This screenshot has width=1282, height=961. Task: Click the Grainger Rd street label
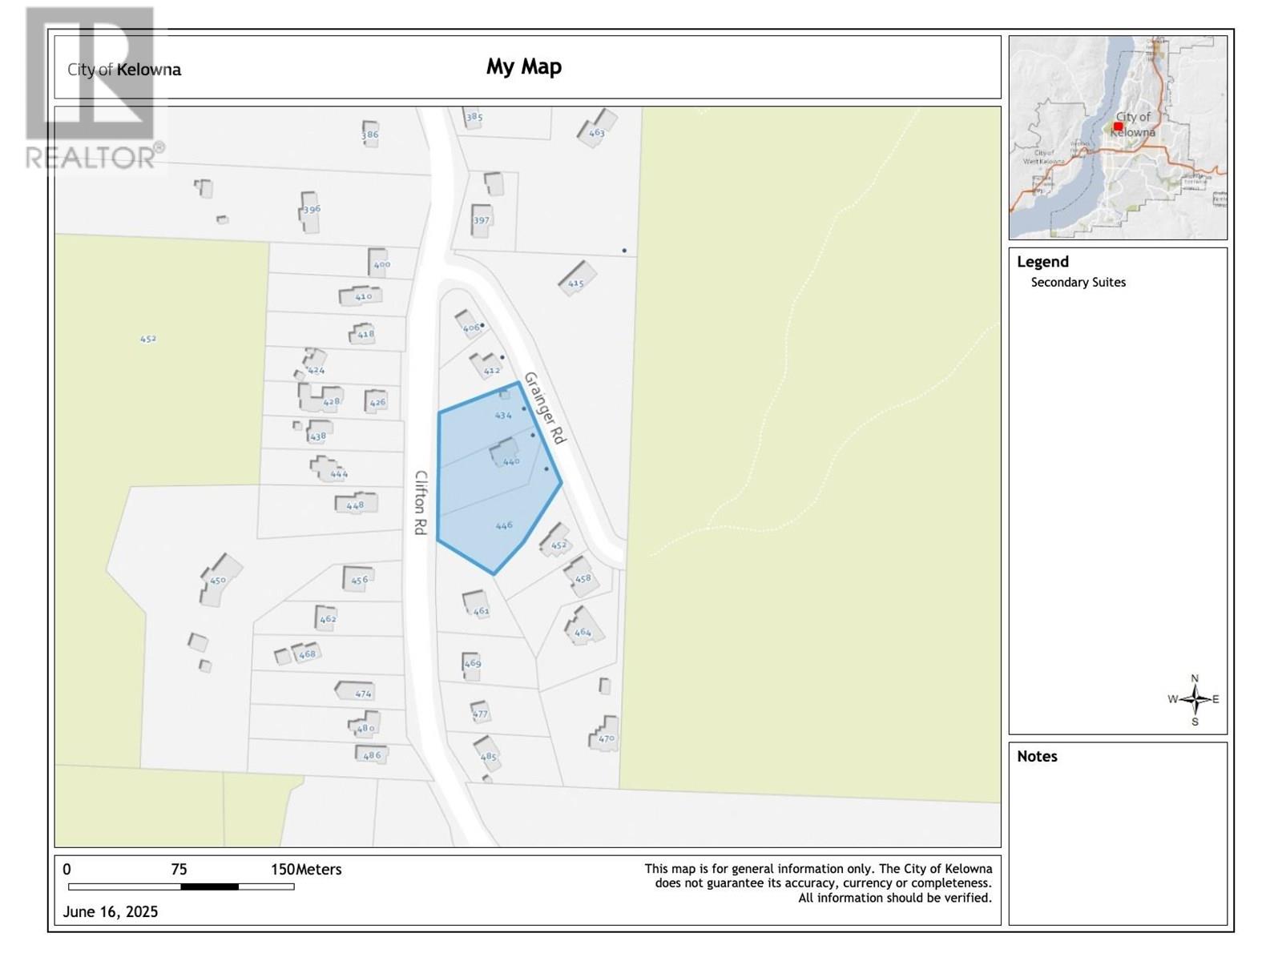click(x=545, y=408)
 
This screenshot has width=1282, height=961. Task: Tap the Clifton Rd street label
click(x=421, y=502)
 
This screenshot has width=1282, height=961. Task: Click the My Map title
click(x=524, y=66)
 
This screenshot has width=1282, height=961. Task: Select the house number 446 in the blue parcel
click(x=503, y=526)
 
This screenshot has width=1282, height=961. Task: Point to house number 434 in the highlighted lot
click(x=502, y=416)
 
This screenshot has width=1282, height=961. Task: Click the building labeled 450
click(x=217, y=579)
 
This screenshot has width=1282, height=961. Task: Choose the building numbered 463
click(x=597, y=128)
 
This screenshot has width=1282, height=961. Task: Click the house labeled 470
click(x=605, y=734)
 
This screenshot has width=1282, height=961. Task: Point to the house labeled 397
click(x=481, y=220)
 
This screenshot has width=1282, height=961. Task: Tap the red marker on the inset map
click(x=1118, y=127)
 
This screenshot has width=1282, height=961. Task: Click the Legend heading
click(x=1042, y=262)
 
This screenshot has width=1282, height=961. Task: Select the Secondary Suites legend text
click(x=1078, y=283)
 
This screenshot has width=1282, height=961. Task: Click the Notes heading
click(x=1037, y=757)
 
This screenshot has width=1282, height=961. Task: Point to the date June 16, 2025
click(x=111, y=912)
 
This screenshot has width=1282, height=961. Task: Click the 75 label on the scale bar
click(x=179, y=870)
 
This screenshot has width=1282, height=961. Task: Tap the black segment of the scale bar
click(x=209, y=887)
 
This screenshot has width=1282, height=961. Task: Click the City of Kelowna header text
click(x=124, y=70)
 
